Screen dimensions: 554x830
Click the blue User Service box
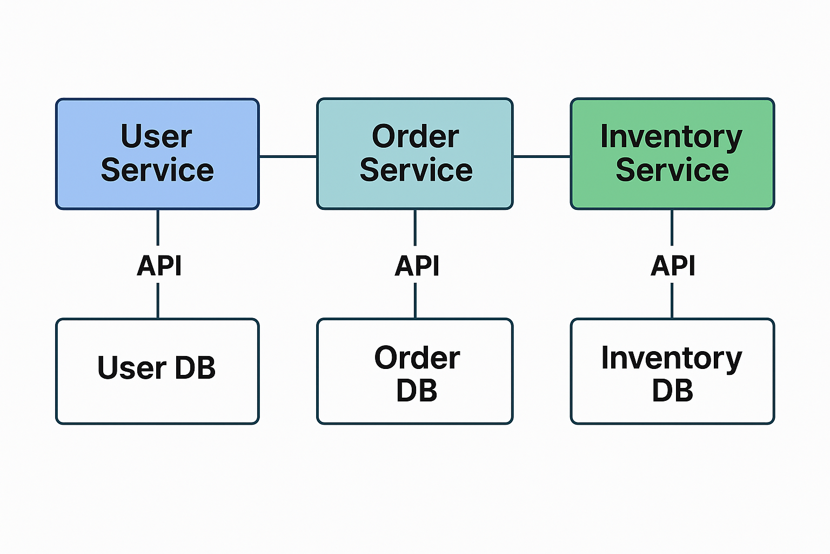point(157,154)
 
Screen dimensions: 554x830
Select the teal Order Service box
point(414,154)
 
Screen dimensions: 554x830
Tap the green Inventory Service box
point(672,154)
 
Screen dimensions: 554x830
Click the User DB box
point(157,371)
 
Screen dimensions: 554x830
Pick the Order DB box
point(414,371)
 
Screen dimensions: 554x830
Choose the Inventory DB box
point(672,371)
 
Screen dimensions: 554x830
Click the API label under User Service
point(159,266)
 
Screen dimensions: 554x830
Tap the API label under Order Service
point(417,266)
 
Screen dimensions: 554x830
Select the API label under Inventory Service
point(673,266)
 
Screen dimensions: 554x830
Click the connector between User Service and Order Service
point(288,156)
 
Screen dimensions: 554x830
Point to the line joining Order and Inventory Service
point(541,156)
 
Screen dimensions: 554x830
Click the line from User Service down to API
point(158,227)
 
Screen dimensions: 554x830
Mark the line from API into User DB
point(158,301)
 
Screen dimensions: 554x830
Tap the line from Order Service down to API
point(415,227)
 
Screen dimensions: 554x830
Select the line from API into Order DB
point(415,301)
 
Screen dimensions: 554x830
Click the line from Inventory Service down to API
point(672,227)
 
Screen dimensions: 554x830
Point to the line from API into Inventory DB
point(672,301)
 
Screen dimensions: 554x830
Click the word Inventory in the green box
point(671,137)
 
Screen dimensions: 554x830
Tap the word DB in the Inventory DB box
point(672,391)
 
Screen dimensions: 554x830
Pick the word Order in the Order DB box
point(417,358)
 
